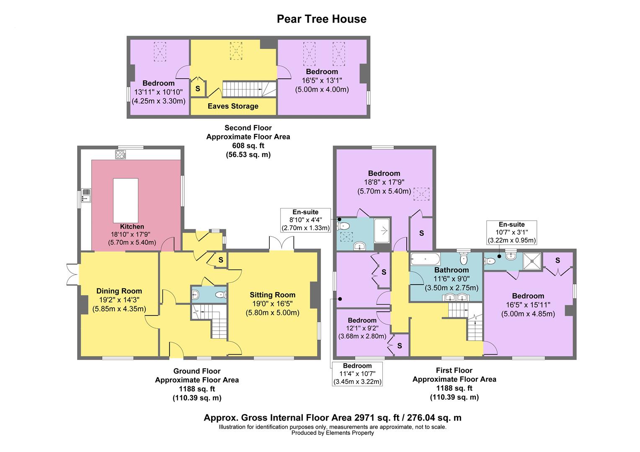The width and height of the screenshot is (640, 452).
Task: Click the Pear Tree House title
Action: click(321, 19)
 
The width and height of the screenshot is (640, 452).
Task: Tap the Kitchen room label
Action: click(132, 226)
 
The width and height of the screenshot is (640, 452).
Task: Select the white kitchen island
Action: click(126, 201)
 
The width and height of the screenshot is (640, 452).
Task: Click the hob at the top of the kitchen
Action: click(121, 155)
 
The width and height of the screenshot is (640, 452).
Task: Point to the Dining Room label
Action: click(119, 291)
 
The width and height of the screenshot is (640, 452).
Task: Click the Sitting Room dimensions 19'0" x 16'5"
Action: click(272, 303)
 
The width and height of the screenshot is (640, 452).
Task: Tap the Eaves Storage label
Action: click(233, 106)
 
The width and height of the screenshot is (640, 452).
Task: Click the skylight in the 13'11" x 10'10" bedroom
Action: click(160, 51)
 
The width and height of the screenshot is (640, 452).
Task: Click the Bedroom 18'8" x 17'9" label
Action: click(384, 174)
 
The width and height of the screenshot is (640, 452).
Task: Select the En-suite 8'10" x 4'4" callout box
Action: click(306, 220)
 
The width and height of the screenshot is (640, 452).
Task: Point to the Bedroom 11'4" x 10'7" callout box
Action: click(357, 374)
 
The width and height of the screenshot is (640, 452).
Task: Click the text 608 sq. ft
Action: click(248, 146)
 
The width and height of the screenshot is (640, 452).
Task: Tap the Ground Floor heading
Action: click(196, 371)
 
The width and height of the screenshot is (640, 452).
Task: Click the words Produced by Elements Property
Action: click(333, 433)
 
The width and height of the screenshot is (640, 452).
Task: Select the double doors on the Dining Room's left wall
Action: click(73, 275)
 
